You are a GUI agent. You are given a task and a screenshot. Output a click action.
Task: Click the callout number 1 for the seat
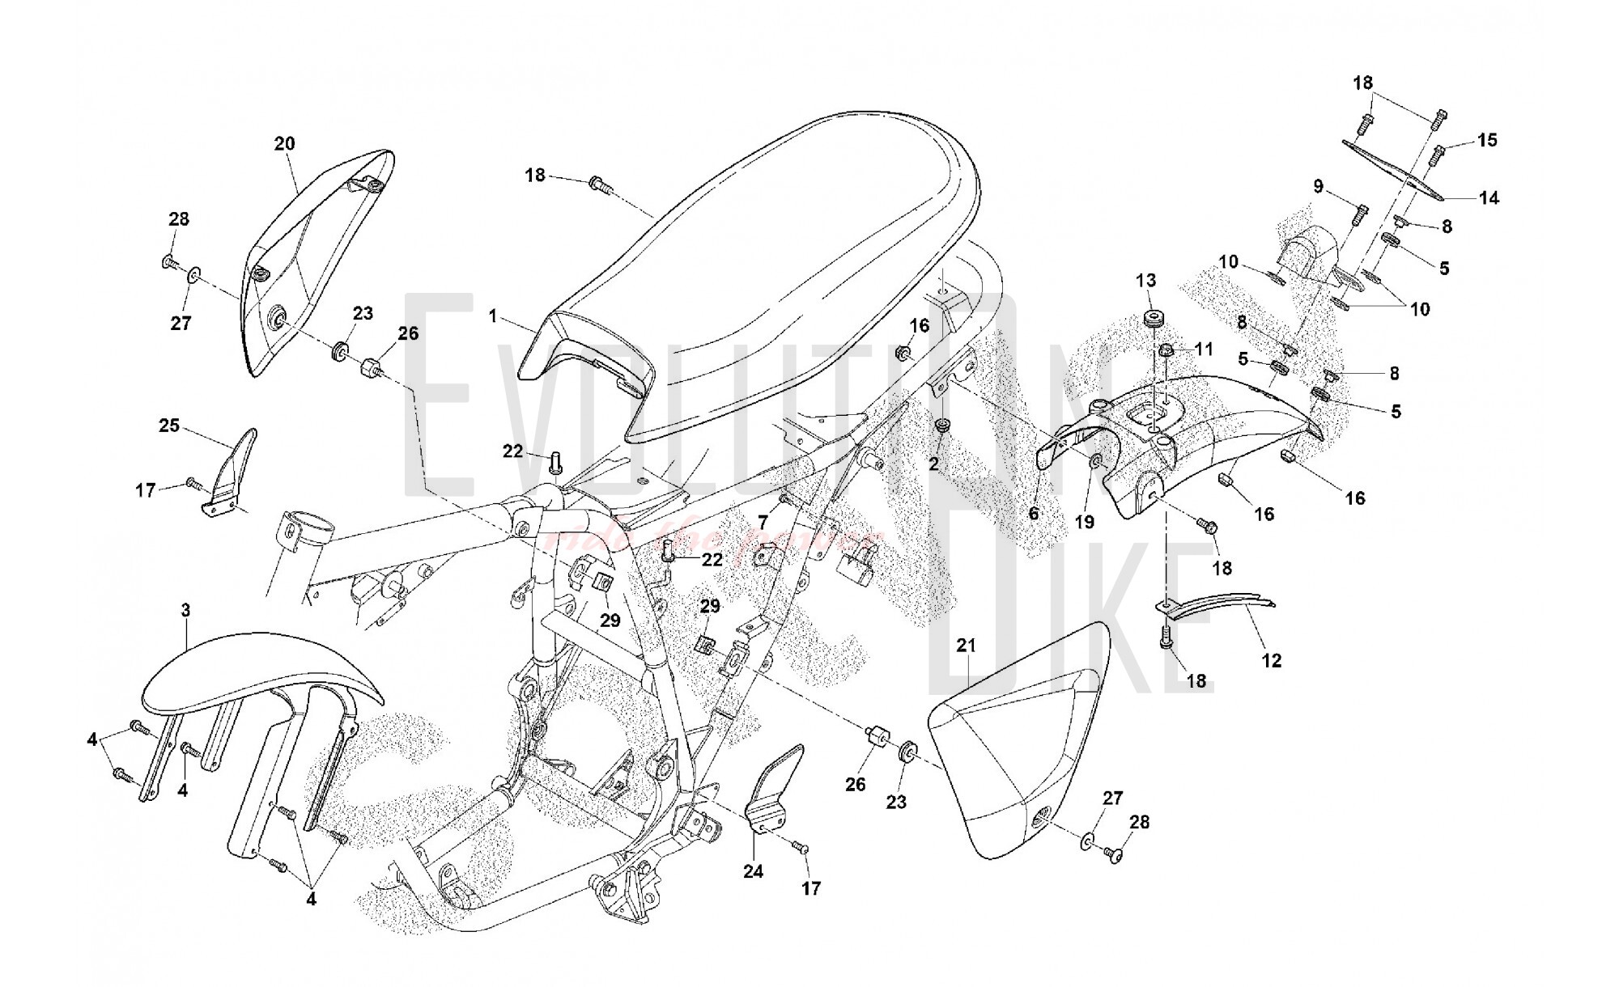(x=493, y=316)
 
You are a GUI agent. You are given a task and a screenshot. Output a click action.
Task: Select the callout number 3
(x=185, y=610)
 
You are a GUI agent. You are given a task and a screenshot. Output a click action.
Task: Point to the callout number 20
(x=284, y=144)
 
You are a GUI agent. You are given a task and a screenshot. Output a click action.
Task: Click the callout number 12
(x=1272, y=660)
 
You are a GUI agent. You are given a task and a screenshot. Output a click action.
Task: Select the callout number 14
(x=1489, y=197)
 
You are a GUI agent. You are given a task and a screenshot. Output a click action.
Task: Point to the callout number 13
(x=1146, y=281)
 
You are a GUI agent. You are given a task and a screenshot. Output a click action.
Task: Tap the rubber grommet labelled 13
(x=1150, y=317)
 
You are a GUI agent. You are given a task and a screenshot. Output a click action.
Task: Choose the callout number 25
(x=169, y=426)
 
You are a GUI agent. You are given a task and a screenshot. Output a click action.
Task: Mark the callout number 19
(x=1084, y=523)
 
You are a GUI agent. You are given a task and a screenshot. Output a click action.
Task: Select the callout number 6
(x=1034, y=513)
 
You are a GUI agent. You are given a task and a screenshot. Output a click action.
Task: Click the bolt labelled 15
(x=1439, y=153)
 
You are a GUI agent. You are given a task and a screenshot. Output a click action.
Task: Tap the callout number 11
(x=1204, y=349)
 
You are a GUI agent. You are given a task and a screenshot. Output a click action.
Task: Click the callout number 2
(x=933, y=464)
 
